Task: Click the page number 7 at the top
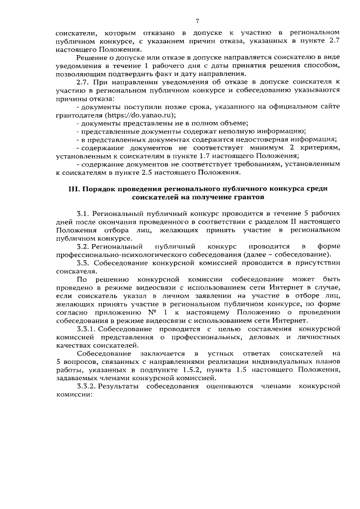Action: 197,21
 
